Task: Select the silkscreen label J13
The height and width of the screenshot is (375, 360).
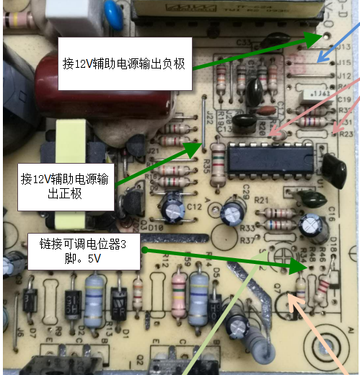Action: click(x=343, y=47)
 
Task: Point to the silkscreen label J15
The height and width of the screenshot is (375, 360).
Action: click(x=343, y=63)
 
